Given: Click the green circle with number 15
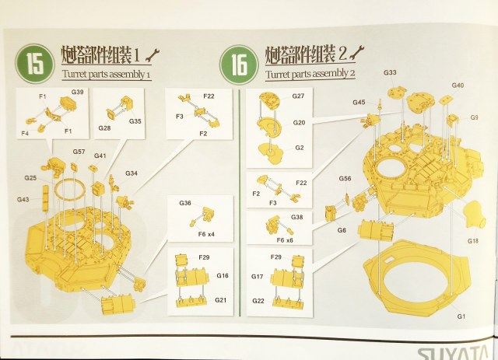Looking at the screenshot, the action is [37, 64].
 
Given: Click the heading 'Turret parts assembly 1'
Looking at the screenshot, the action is [105, 75].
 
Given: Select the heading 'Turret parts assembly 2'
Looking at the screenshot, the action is [310, 74].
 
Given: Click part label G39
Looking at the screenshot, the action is [78, 92].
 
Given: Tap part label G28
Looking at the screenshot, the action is [104, 127].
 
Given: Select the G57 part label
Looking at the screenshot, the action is [79, 152].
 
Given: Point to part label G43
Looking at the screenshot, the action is [23, 200].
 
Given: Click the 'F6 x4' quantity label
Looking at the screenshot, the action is [206, 234].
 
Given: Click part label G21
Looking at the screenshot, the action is [222, 300].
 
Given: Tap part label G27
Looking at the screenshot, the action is [299, 96].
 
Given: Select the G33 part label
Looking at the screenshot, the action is [390, 72].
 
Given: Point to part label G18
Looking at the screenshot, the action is [472, 242].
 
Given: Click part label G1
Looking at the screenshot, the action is [461, 316].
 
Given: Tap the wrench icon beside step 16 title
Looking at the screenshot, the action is [357, 54].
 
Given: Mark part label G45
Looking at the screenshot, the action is [358, 102].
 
